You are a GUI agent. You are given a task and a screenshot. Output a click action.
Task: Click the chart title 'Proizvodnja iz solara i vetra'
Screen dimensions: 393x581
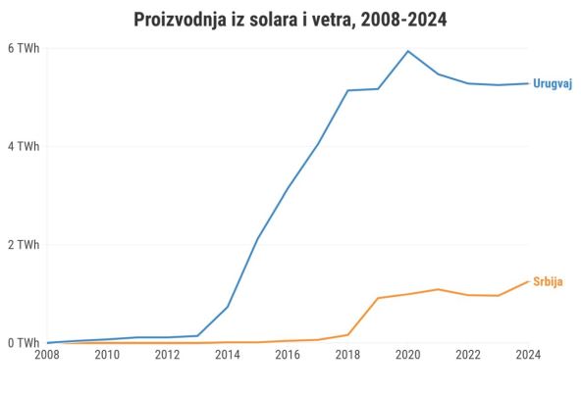pyautogui.click(x=290, y=20)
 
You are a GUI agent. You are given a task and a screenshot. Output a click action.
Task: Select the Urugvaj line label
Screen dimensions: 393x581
pyautogui.click(x=552, y=83)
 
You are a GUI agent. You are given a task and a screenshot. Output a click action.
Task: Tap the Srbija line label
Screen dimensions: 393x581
pyautogui.click(x=548, y=281)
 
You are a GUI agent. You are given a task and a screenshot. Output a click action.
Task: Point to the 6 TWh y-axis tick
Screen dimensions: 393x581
pyautogui.click(x=24, y=48)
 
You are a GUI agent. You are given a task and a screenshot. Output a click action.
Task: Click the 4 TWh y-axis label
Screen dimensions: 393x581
pyautogui.click(x=24, y=147)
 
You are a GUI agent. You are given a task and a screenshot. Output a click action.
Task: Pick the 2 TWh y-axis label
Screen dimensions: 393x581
pyautogui.click(x=24, y=245)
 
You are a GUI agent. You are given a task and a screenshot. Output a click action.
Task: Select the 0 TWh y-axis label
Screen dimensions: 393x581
pyautogui.click(x=24, y=343)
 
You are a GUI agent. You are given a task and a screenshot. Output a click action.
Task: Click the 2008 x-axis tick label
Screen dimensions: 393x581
pyautogui.click(x=47, y=355)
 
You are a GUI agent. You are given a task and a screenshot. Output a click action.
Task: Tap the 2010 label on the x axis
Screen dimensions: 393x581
pyautogui.click(x=108, y=355)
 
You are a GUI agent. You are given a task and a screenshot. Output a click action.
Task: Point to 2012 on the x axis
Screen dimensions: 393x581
pyautogui.click(x=168, y=355)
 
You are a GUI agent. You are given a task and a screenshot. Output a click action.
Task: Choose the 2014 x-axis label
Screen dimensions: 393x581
pyautogui.click(x=228, y=355)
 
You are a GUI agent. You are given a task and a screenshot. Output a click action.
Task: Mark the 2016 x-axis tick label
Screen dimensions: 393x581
pyautogui.click(x=288, y=355)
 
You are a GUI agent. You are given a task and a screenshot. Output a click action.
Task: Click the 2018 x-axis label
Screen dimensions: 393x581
pyautogui.click(x=348, y=355)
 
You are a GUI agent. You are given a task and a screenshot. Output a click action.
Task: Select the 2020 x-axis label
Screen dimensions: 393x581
pyautogui.click(x=408, y=355)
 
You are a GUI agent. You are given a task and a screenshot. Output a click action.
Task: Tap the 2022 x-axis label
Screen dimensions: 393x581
pyautogui.click(x=468, y=355)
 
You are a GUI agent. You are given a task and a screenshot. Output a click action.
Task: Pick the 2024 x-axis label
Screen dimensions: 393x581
pyautogui.click(x=528, y=355)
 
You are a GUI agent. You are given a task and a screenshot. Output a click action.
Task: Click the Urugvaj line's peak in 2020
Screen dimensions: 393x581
pyautogui.click(x=408, y=51)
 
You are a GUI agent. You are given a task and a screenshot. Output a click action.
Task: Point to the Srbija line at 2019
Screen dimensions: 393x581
pyautogui.click(x=378, y=298)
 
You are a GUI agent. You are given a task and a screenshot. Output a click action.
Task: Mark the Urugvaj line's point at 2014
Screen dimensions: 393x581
pyautogui.click(x=228, y=307)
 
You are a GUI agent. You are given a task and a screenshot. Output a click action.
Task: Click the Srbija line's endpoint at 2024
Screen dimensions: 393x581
pyautogui.click(x=528, y=281)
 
